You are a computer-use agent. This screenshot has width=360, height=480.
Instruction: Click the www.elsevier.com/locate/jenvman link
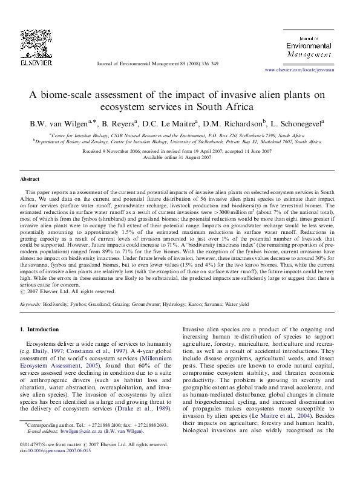click(x=303, y=70)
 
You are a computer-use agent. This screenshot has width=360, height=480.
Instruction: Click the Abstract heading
click(x=30, y=180)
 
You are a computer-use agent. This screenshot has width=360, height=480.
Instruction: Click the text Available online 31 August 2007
click(x=180, y=157)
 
